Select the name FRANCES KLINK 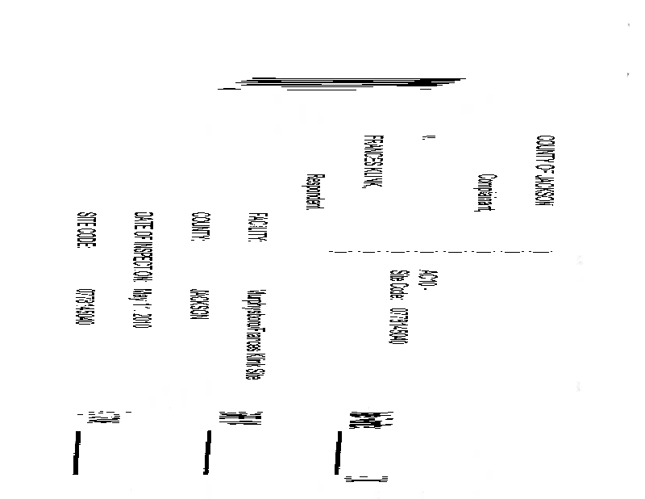(x=372, y=163)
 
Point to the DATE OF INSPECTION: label (x=143, y=249)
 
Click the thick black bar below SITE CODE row (x=77, y=453)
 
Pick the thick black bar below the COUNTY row (x=207, y=453)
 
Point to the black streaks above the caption (x=347, y=82)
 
